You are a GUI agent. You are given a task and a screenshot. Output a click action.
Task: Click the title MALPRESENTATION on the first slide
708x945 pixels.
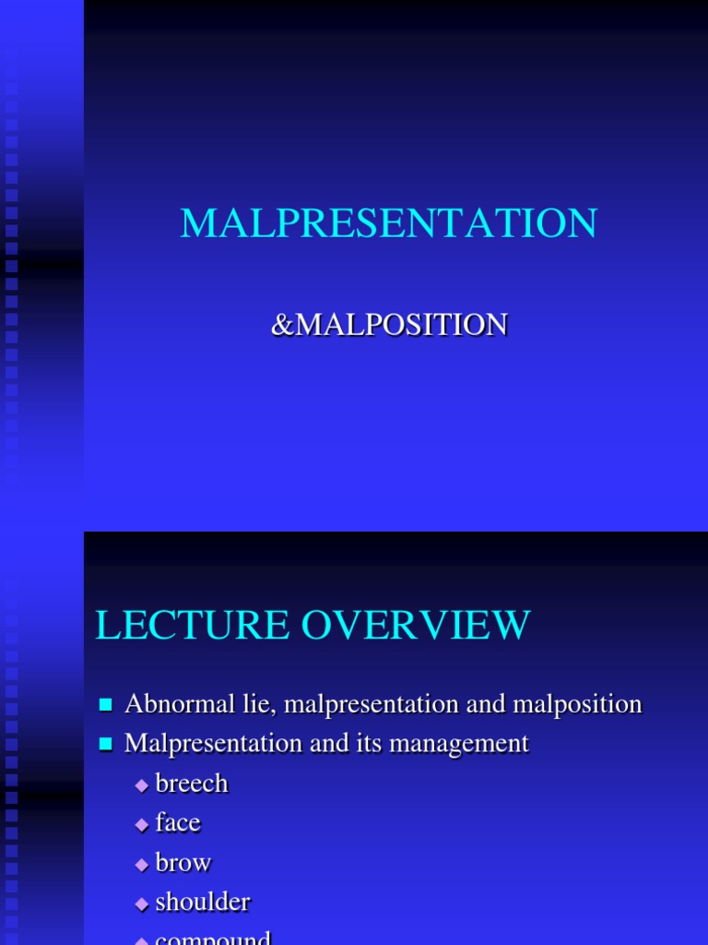click(388, 224)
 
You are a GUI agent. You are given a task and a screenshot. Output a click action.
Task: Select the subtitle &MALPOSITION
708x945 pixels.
click(388, 325)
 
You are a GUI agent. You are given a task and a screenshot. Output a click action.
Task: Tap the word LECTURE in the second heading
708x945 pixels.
click(188, 626)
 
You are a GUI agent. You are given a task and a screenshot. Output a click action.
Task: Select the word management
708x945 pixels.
click(467, 743)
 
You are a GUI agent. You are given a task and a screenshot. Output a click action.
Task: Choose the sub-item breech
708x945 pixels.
click(192, 784)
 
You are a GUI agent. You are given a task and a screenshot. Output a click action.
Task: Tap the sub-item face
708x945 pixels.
click(178, 822)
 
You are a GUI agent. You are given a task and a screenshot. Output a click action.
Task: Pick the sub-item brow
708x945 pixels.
click(183, 863)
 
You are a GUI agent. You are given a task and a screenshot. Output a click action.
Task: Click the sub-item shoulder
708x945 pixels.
click(203, 902)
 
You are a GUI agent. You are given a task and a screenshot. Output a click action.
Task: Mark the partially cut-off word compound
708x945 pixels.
click(213, 939)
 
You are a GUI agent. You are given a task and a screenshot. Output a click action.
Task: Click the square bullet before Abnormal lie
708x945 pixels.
click(105, 706)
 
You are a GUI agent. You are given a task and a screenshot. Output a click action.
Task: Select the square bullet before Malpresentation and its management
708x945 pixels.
click(105, 744)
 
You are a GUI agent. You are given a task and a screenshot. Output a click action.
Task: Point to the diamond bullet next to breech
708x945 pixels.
click(141, 785)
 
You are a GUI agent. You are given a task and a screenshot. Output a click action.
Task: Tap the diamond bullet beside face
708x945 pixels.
click(141, 825)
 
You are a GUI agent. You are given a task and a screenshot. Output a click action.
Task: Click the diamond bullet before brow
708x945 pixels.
click(141, 865)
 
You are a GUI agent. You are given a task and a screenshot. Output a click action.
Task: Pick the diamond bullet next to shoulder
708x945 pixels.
click(141, 903)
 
